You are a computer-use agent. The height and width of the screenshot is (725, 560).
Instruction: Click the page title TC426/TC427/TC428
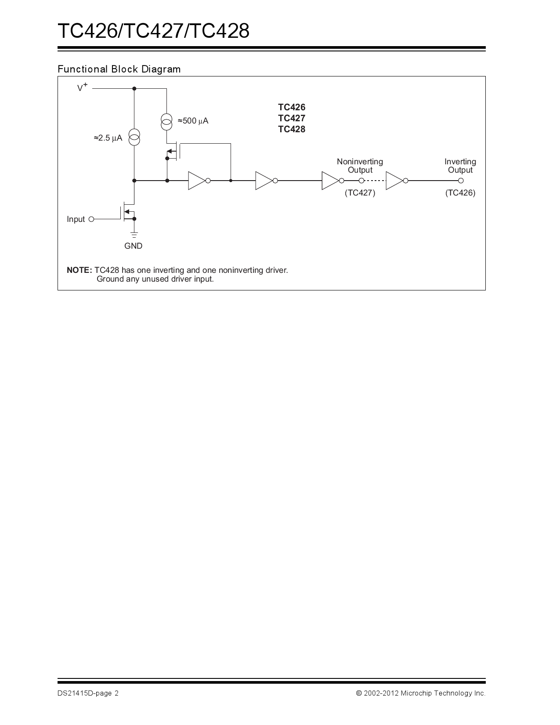coord(153,31)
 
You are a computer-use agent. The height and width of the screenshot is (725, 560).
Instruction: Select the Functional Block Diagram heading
coord(119,69)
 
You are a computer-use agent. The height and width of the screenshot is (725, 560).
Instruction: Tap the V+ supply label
coord(82,87)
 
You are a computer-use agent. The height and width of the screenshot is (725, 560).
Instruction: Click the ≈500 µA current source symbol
coord(166,121)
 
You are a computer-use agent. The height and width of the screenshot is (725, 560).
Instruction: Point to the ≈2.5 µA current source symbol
coord(134,138)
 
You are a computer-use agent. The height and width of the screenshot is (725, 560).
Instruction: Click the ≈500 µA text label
coord(193,121)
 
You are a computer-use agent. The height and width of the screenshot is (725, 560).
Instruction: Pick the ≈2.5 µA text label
coord(108,138)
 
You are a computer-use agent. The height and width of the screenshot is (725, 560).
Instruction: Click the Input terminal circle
coord(91,219)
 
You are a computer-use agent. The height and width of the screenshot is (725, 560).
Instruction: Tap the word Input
coord(76,219)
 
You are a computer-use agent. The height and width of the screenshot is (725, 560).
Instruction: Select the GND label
coord(133,246)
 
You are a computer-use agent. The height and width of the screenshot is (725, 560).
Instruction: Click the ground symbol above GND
coord(134,235)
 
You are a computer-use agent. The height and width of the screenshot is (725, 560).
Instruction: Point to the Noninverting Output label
coord(360,166)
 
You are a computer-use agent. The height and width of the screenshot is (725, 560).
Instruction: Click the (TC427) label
coord(360,192)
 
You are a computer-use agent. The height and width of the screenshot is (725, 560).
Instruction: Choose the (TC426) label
coord(460,192)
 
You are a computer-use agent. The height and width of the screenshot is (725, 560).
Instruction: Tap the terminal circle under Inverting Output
coord(460,181)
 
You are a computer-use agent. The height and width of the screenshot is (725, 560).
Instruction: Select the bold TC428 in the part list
coord(291,129)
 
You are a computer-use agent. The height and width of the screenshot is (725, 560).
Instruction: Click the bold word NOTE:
coord(79,270)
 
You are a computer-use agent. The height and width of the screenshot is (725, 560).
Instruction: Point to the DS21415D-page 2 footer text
coord(88,693)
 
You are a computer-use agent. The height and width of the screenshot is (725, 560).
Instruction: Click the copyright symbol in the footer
coord(358,693)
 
